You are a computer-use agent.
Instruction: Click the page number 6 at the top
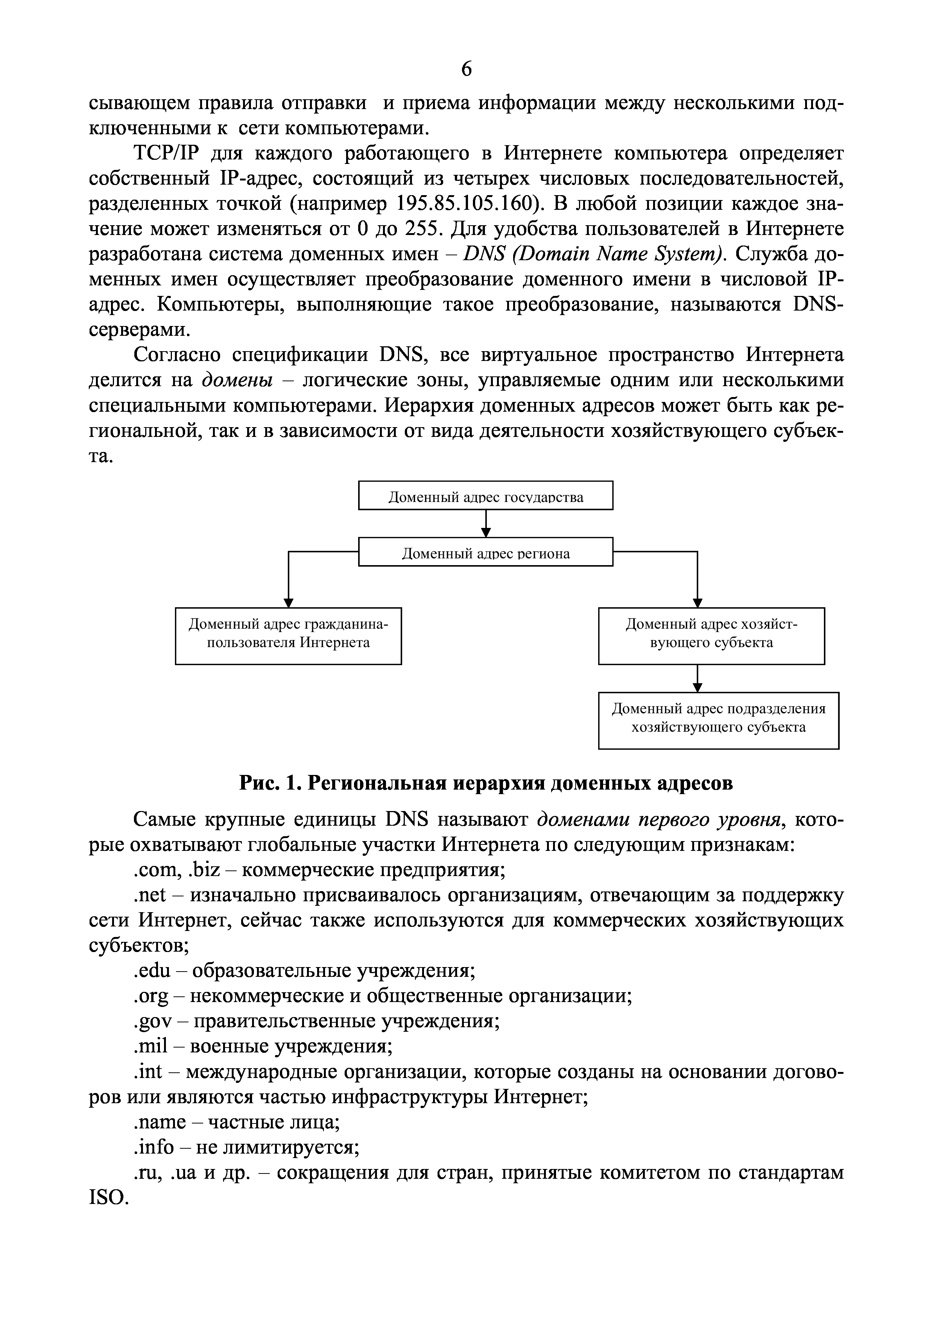coord(466,69)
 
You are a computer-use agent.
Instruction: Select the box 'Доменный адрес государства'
coord(485,495)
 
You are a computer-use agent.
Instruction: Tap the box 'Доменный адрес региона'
coord(485,552)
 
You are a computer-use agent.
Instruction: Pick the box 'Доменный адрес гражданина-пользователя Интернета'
coord(288,635)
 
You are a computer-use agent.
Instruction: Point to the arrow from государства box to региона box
coord(486,523)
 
